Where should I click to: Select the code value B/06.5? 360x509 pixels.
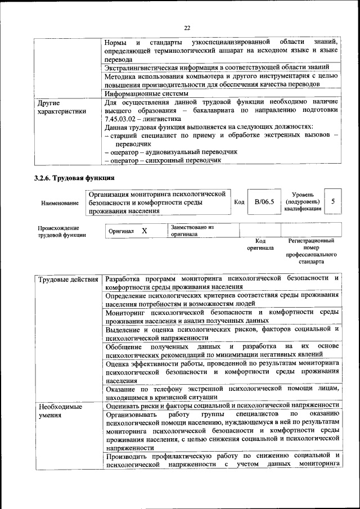click(x=264, y=201)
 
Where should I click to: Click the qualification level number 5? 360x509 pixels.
click(x=333, y=201)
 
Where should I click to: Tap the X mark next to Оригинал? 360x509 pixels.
click(x=144, y=231)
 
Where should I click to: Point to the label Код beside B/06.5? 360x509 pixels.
click(x=238, y=202)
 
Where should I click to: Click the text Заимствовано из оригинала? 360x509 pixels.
click(x=192, y=231)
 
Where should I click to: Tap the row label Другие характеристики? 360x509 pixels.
click(x=61, y=107)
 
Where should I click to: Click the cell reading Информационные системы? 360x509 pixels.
click(x=147, y=93)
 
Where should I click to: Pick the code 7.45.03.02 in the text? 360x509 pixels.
click(x=125, y=119)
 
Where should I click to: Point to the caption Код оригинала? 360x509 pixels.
click(x=260, y=244)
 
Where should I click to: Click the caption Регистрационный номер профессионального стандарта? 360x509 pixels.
click(x=311, y=251)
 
